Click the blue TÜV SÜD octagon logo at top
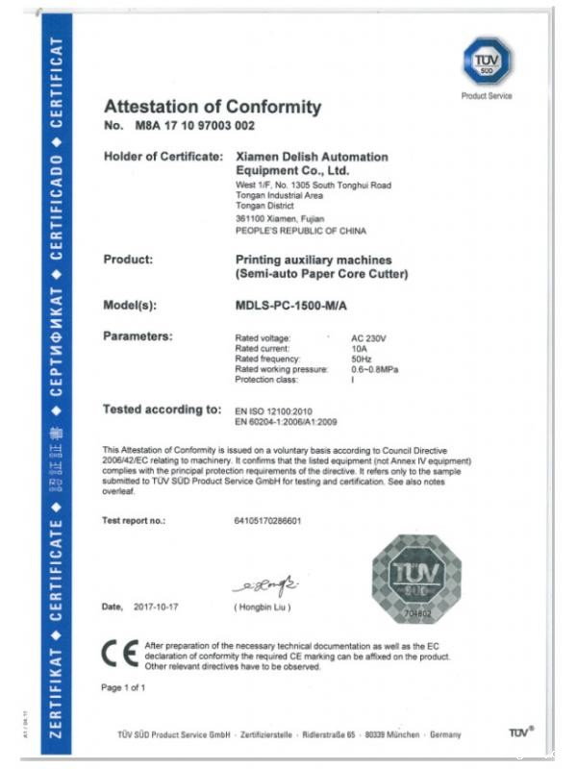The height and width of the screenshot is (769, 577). point(486,62)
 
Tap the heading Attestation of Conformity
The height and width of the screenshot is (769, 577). point(212,107)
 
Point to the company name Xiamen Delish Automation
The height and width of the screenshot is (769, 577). point(312,156)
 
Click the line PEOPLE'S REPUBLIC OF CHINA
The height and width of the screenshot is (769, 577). point(300,231)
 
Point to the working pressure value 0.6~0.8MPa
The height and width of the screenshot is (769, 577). point(377,368)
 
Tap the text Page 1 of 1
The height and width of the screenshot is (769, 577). point(123,687)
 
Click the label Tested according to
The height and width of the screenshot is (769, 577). point(162,410)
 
